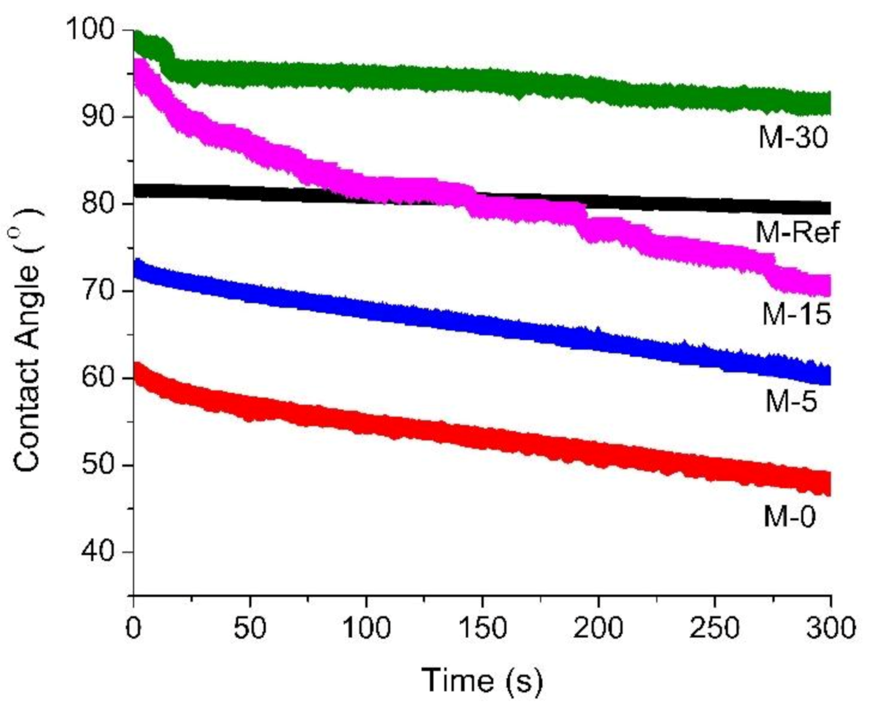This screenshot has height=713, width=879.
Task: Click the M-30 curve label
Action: click(793, 137)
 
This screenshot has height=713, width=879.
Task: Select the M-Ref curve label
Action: click(797, 232)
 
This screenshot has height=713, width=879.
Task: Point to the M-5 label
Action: click(791, 402)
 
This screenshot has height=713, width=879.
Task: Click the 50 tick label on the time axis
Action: click(249, 628)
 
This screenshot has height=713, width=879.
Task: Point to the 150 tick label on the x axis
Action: click(482, 628)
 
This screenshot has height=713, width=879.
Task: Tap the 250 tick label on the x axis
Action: click(714, 628)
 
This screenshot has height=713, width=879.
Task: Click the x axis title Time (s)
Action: click(482, 680)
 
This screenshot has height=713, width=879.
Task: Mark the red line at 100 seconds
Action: click(366, 425)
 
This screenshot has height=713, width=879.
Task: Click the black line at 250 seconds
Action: click(714, 204)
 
